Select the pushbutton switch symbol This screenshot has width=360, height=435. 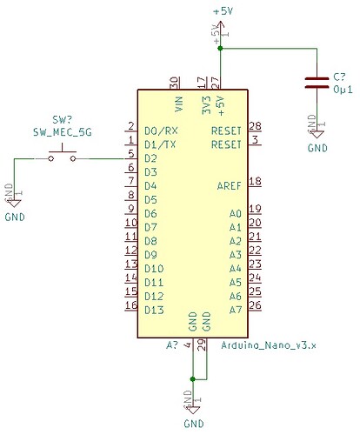(x=62, y=157)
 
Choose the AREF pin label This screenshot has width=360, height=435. (x=228, y=186)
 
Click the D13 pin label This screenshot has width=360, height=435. (x=154, y=310)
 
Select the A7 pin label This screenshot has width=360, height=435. (x=234, y=310)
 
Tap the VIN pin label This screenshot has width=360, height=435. (x=178, y=105)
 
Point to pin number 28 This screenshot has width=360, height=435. (x=255, y=125)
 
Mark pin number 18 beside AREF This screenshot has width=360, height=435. (x=255, y=181)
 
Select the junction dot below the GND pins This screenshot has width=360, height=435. (x=192, y=379)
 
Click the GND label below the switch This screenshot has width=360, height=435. (x=16, y=215)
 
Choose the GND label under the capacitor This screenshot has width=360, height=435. (x=317, y=149)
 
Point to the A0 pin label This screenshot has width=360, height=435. (x=234, y=213)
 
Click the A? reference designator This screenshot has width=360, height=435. (x=171, y=345)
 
